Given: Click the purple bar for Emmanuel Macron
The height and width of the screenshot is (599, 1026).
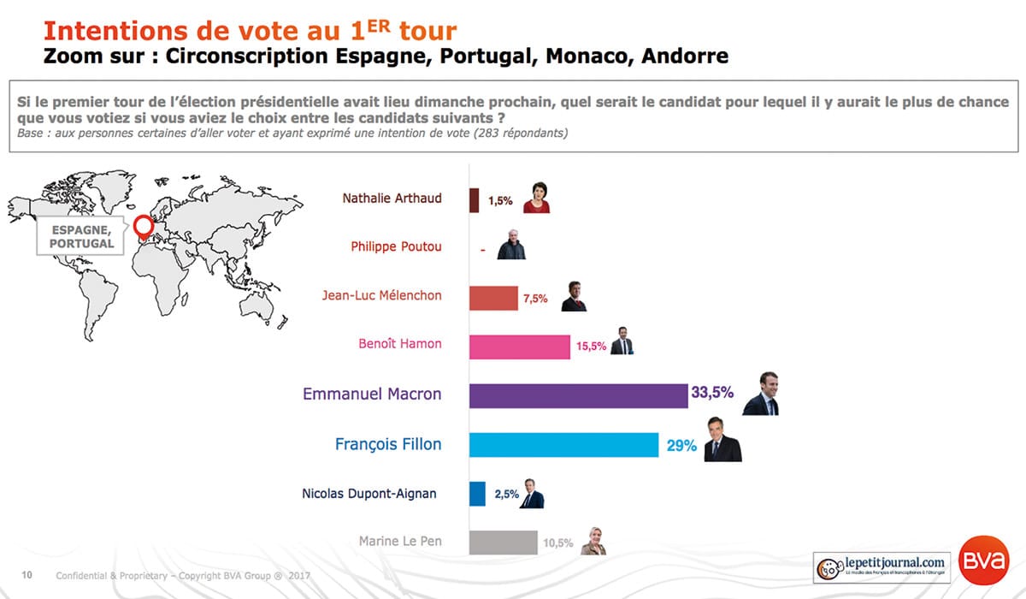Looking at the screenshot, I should coord(579,395).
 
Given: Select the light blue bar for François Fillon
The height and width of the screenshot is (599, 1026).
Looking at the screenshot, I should coord(563,445).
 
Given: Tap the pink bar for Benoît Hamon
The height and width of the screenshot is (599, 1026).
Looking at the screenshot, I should coord(520,347).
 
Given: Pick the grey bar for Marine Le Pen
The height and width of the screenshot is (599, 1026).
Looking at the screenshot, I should coord(504,543).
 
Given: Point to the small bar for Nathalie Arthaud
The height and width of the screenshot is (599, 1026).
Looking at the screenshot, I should coord(475,200).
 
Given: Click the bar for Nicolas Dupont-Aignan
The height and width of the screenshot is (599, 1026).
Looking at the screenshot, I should coord(478,494).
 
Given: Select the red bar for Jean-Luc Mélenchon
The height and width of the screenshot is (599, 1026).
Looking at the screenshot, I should coord(494,298).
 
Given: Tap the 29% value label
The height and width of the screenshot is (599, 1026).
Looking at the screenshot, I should coord(680,445).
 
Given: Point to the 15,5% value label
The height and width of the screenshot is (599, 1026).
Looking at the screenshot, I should coord(592,347).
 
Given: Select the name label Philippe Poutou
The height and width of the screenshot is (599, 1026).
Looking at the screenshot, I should coord(396,246).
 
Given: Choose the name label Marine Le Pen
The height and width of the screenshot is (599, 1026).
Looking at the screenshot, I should coord(400,542).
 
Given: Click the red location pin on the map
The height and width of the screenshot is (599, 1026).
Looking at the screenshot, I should coord(143,225).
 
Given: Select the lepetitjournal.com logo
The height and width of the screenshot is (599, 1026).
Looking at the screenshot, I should coord(881,566).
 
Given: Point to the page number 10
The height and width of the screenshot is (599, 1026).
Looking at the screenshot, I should coord(27,575).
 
